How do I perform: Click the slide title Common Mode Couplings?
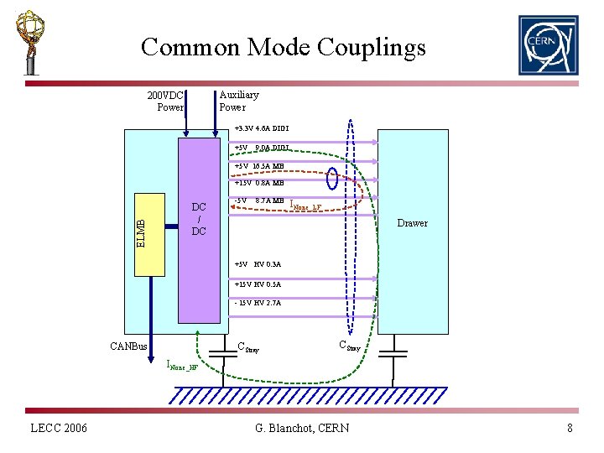[x=284, y=46]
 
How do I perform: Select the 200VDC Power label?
[x=165, y=101]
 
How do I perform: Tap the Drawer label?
[x=412, y=223]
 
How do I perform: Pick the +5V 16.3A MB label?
[x=259, y=166]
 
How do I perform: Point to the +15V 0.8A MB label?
[x=259, y=183]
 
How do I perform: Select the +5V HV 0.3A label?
[x=258, y=264]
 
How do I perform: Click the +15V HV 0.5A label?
[x=258, y=284]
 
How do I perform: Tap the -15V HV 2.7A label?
[x=258, y=303]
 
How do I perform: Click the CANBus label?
[x=128, y=346]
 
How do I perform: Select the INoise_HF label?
[x=182, y=366]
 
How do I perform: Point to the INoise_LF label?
[x=305, y=204]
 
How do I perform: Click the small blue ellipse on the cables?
[x=333, y=179]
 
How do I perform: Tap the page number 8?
[x=570, y=429]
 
